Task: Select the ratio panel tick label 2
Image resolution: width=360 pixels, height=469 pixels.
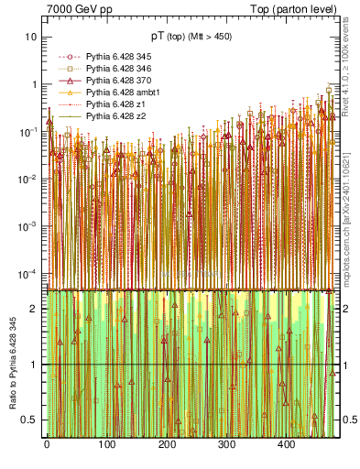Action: (x=34, y=309)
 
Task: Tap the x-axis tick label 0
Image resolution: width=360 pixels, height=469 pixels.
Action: (x=46, y=444)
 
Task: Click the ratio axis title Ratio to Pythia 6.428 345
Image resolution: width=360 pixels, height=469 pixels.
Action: (x=11, y=364)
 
